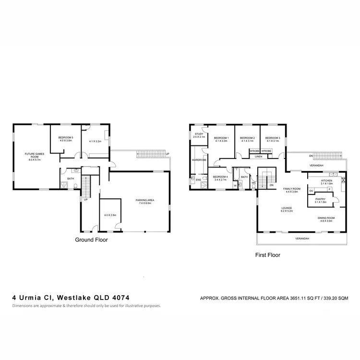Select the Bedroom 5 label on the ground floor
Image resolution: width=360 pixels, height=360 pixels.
tap(66, 138)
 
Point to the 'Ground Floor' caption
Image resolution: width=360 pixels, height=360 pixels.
tap(92, 240)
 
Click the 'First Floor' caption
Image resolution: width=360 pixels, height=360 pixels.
tap(267, 255)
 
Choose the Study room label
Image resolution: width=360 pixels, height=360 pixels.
tap(199, 134)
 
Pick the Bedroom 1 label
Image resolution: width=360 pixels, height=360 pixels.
tap(221, 138)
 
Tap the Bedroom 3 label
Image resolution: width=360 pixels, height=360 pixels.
tap(273, 138)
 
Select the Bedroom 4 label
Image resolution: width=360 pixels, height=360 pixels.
tap(220, 177)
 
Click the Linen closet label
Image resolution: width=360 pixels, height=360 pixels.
tap(258, 156)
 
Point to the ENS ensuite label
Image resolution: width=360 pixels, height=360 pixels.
tap(198, 180)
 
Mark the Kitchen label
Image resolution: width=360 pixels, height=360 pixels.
tap(327, 181)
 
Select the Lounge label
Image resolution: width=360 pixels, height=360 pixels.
tap(287, 208)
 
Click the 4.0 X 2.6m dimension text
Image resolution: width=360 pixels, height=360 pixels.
tap(110, 215)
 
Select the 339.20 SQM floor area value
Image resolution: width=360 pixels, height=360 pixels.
tap(334, 298)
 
